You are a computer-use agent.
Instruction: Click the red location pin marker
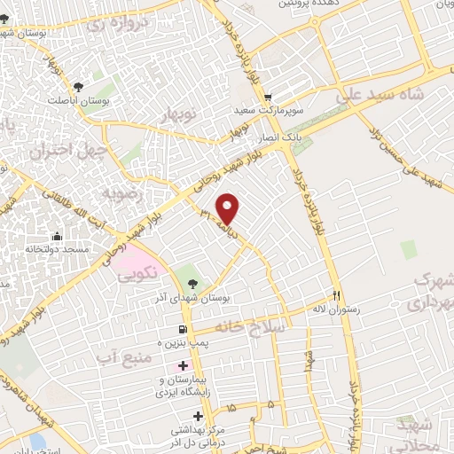tap(229, 207)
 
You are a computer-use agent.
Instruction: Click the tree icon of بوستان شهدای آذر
tap(192, 283)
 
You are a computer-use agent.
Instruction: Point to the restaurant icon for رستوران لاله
tap(337, 295)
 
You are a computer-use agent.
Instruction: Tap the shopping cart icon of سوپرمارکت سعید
tap(267, 98)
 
